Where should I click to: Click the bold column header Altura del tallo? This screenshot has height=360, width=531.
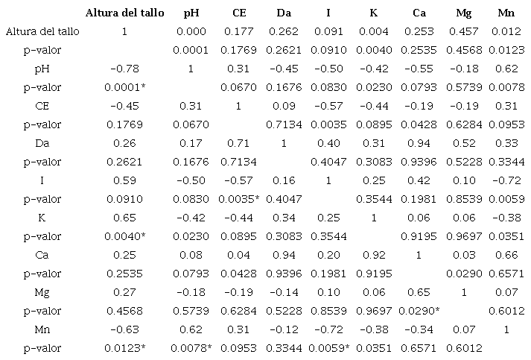[x=124, y=13]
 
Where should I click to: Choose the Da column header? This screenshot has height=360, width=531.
[x=284, y=13]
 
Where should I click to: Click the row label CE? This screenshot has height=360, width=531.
[x=42, y=105]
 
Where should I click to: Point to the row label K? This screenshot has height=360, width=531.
[x=42, y=217]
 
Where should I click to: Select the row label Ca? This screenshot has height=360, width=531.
[x=42, y=254]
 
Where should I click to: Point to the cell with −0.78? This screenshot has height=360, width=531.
[x=124, y=69]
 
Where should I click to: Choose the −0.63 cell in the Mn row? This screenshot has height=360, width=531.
[x=124, y=329]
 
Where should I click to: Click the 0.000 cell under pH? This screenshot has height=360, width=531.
[x=190, y=31]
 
